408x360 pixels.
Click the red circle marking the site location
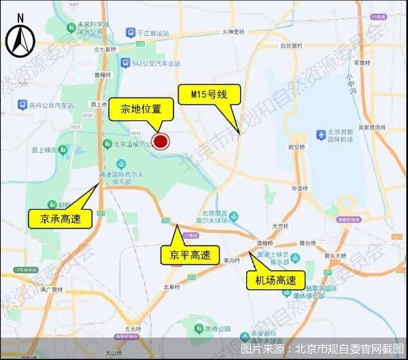coord(161,142)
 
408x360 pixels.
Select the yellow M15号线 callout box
coord(207,95)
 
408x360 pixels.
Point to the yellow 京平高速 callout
coord(186,256)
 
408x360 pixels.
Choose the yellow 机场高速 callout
coord(275,280)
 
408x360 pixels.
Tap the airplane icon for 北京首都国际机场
coord(320,136)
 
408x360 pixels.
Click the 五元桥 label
coord(114,329)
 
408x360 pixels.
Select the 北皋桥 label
coord(171,287)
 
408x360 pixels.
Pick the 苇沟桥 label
coord(231,260)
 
